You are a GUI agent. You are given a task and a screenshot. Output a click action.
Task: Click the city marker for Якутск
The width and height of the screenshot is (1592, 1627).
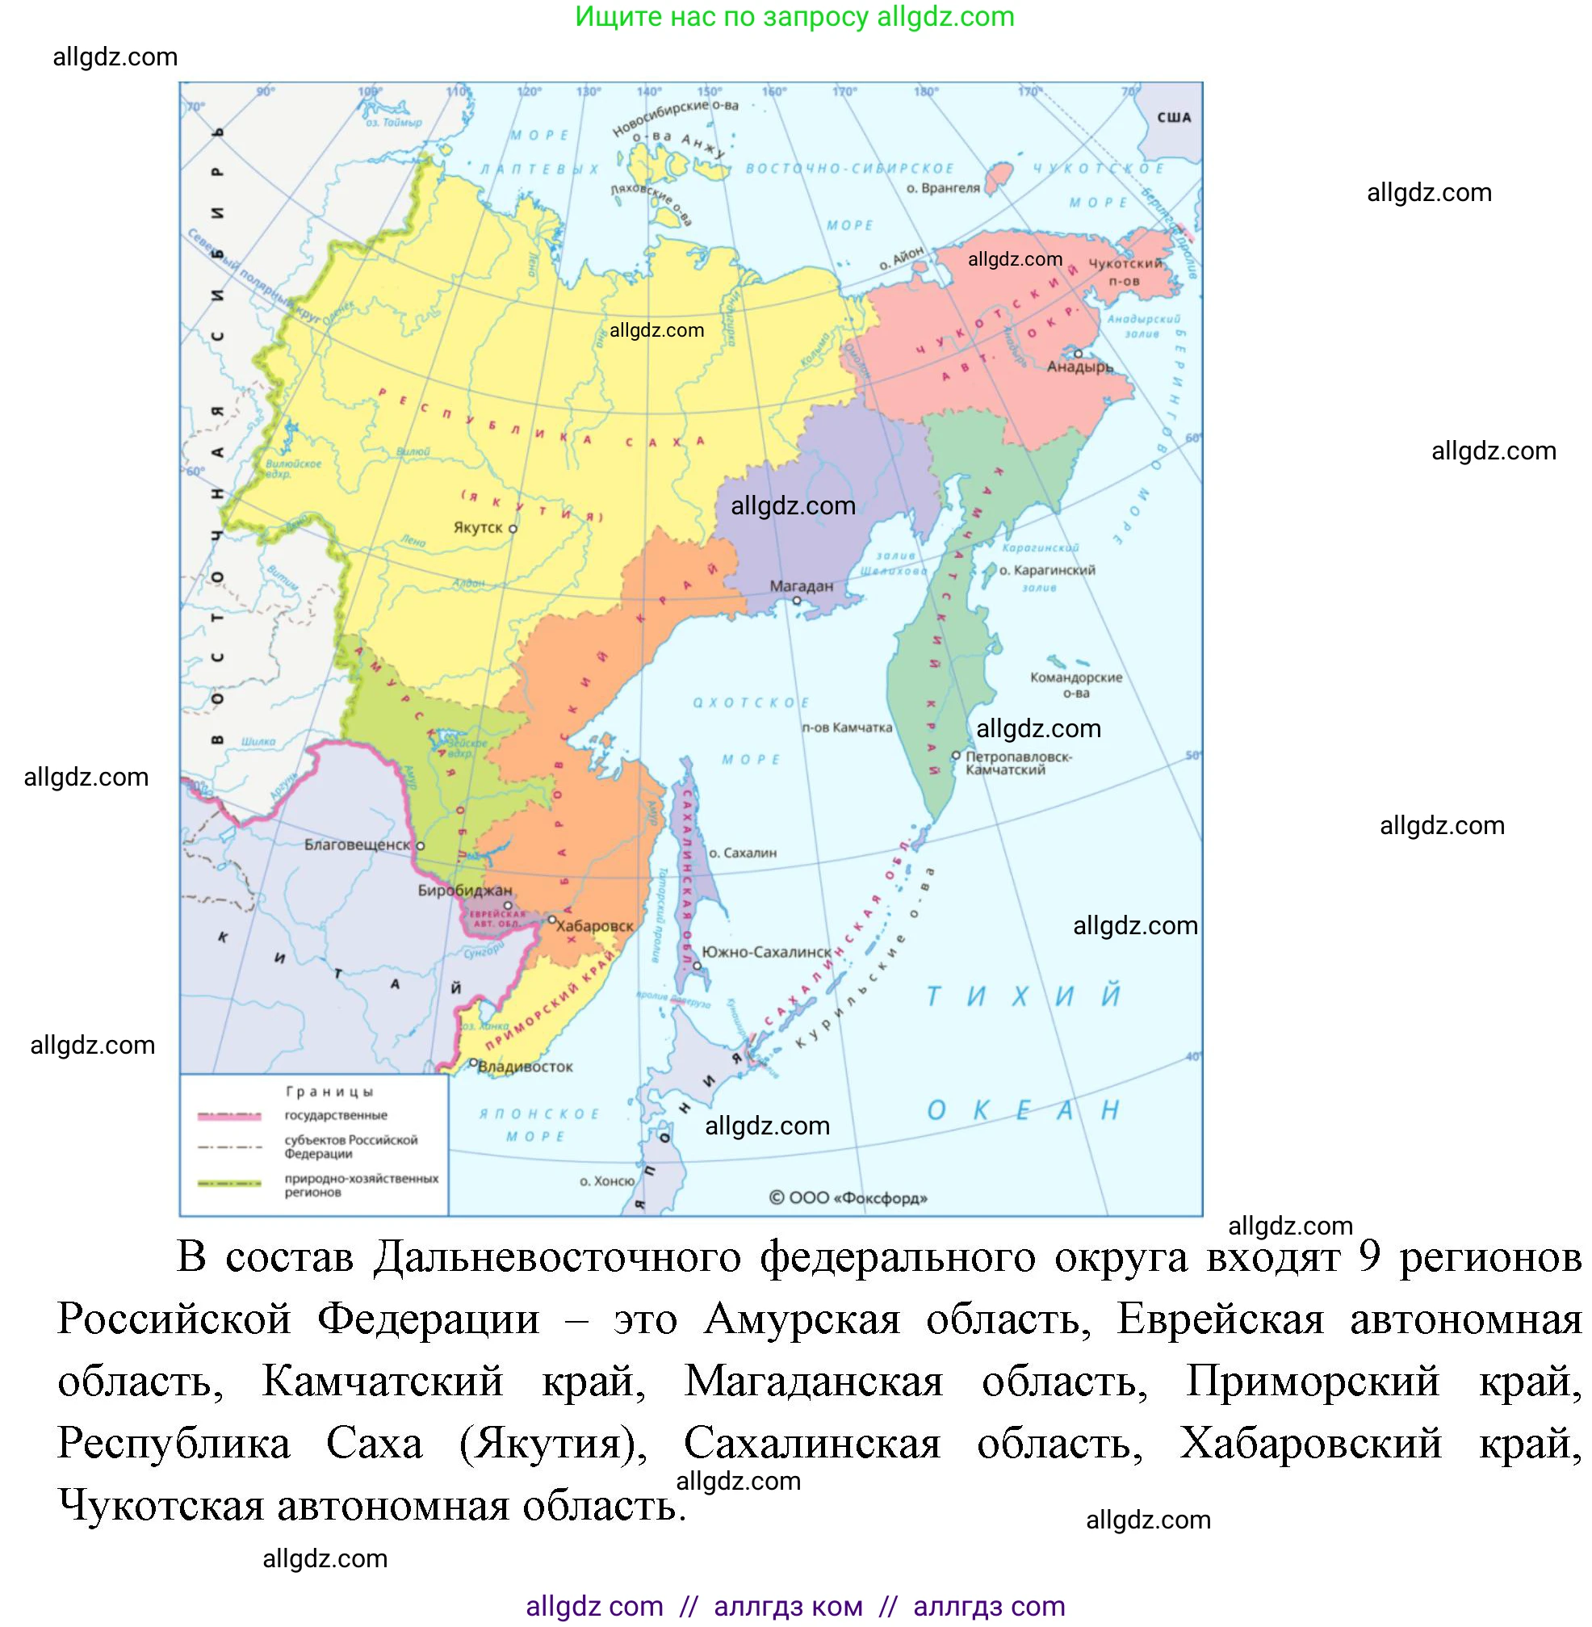tap(513, 529)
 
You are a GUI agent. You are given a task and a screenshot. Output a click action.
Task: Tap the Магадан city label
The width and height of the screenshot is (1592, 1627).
tap(801, 586)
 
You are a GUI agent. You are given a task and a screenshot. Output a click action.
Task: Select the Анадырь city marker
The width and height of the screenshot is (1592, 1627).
tap(1078, 354)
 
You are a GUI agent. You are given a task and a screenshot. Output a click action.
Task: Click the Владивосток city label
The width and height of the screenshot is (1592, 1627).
tap(525, 1067)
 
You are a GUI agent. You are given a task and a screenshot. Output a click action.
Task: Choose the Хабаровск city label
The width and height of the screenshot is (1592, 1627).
tap(594, 926)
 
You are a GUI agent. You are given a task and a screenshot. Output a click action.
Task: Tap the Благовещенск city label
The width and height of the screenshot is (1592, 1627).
tap(357, 845)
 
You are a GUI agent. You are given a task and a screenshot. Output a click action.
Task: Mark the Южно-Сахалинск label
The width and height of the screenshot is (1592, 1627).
tap(766, 952)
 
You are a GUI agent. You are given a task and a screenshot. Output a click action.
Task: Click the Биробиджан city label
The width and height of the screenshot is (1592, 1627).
tap(465, 891)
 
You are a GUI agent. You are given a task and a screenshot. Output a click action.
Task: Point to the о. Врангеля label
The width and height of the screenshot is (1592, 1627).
tap(943, 188)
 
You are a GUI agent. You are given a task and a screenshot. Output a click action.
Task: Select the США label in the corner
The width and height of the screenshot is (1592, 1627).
tap(1174, 118)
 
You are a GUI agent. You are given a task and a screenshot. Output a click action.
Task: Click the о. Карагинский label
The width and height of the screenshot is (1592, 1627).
tap(1047, 570)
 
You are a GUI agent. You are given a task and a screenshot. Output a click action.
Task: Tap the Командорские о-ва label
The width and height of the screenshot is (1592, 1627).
tap(1076, 685)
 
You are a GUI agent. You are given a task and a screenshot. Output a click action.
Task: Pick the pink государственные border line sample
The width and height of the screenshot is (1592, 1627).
tap(229, 1116)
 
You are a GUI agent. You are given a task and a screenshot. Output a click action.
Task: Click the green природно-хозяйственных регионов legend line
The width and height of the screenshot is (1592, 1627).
tap(229, 1184)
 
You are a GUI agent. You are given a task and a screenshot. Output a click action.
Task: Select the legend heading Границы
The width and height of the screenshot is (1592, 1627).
tap(329, 1092)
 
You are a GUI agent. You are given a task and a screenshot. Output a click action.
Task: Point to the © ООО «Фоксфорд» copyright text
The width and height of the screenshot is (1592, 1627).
tap(848, 1198)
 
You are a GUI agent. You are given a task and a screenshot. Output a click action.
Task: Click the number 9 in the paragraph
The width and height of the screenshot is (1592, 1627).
tap(1368, 1256)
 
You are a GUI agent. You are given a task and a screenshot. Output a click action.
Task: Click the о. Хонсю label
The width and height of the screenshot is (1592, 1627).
tap(607, 1181)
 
